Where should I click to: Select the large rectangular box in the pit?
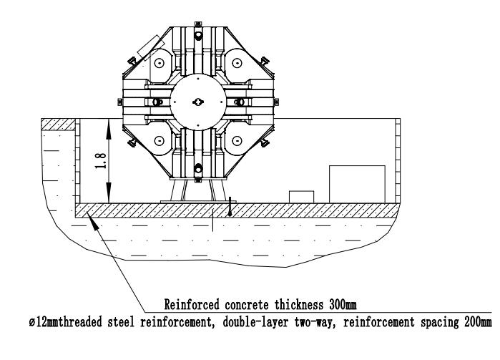[356, 183]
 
